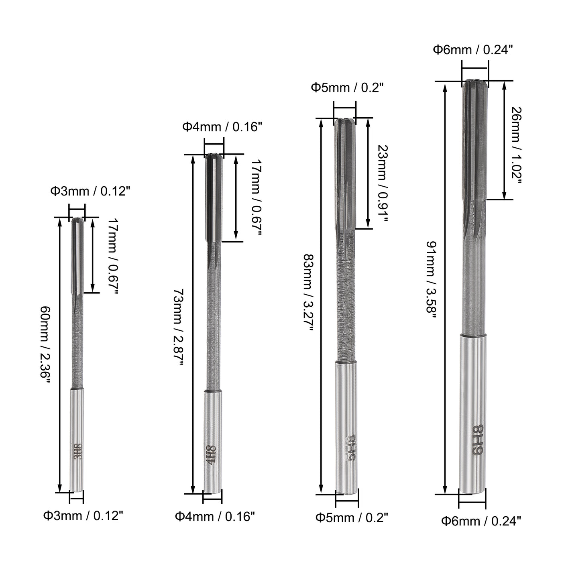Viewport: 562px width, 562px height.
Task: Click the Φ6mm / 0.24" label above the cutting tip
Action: click(x=473, y=50)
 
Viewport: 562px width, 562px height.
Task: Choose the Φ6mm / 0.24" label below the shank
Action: click(x=481, y=521)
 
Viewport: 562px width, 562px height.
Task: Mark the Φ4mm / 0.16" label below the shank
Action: click(x=215, y=516)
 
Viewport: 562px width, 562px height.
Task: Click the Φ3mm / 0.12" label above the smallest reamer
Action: click(x=90, y=191)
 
